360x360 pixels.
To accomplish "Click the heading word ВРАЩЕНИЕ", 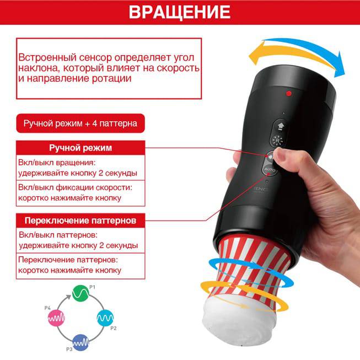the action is tap(180, 12).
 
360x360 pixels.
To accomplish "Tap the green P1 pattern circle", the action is tap(80, 293).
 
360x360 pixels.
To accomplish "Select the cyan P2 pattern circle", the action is tap(105, 318).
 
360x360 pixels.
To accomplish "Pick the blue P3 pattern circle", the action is tap(80, 342).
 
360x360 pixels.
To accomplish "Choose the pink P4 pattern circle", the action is tap(56, 318).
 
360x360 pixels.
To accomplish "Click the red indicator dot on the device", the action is tap(289, 93).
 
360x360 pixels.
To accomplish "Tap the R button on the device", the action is tap(277, 141).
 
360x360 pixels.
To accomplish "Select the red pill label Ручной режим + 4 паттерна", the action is tap(80, 123).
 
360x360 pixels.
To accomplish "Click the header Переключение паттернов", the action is tap(80, 221).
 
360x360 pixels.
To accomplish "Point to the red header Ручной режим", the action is tap(80, 148).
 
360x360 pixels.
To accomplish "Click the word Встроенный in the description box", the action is tap(47, 57).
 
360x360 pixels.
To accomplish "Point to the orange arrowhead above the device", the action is tap(255, 56).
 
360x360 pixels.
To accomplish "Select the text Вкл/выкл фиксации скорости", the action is tap(75, 187).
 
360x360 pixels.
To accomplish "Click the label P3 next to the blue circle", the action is tap(69, 349).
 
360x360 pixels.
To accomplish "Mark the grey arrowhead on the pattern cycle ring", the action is tap(68, 297).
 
